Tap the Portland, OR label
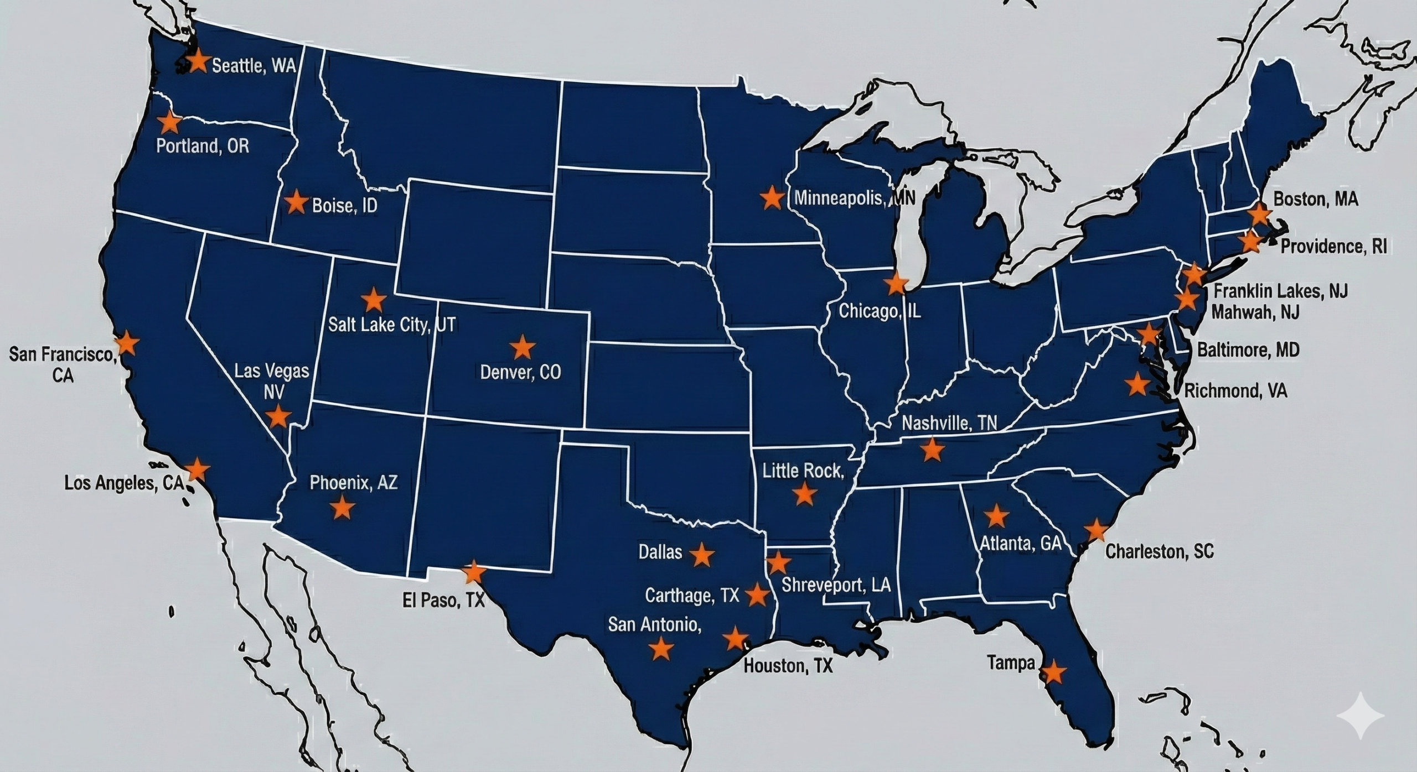[203, 146]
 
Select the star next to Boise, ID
[296, 202]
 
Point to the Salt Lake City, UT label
[392, 324]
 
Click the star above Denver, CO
[522, 348]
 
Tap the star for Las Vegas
[278, 416]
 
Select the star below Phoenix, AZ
[343, 507]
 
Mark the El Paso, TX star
[473, 572]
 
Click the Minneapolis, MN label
[855, 198]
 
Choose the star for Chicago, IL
[896, 284]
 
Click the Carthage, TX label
[692, 595]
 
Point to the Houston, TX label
[788, 665]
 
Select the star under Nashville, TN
[932, 450]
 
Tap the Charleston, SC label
[1159, 551]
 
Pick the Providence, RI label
[1334, 246]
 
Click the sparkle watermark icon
[1360, 715]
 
